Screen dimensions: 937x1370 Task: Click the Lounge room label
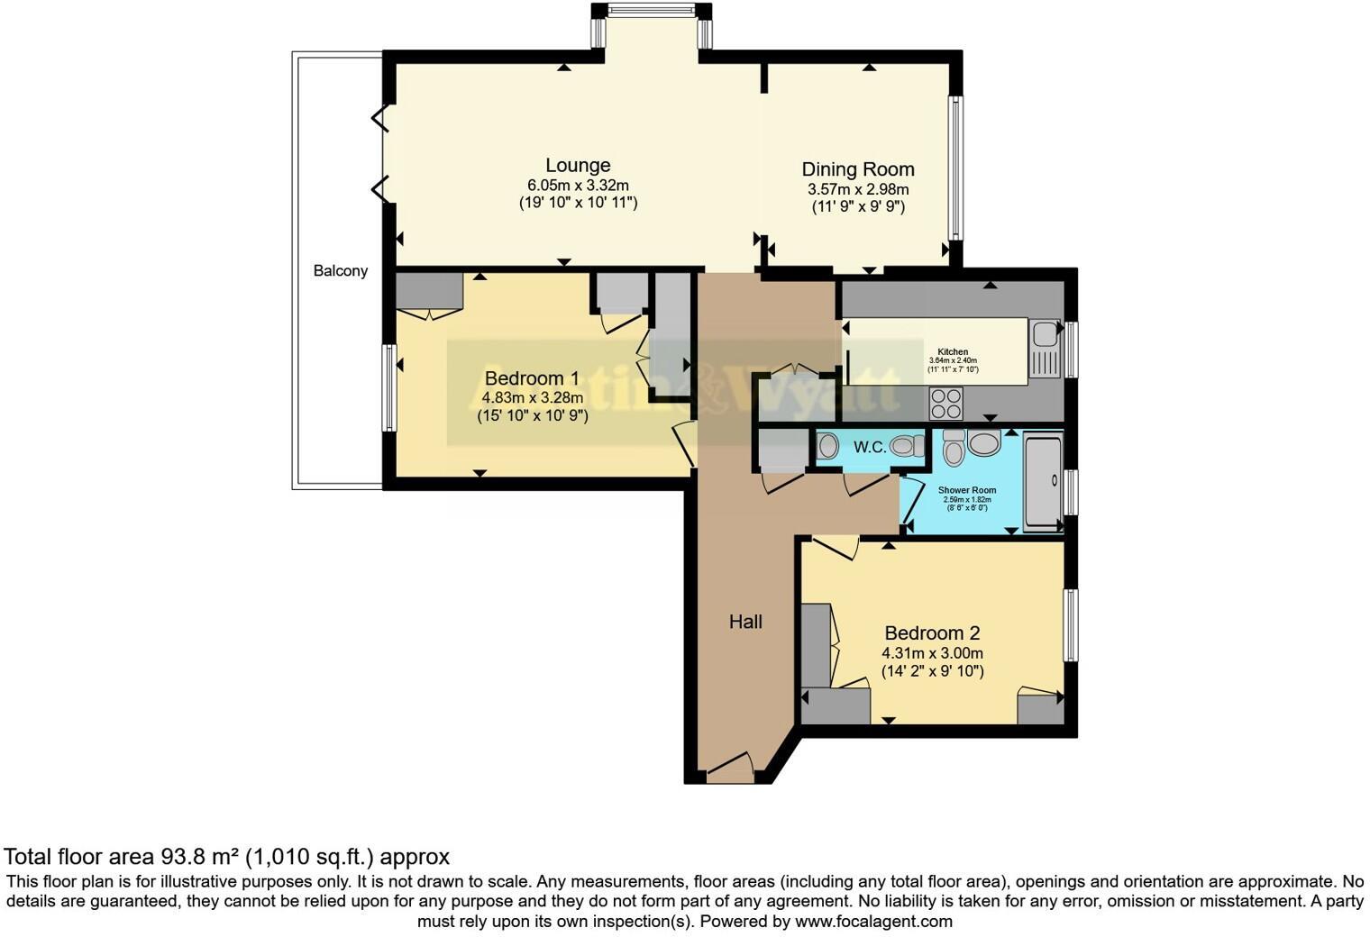pyautogui.click(x=578, y=166)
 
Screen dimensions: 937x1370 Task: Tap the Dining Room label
pyautogui.click(x=858, y=169)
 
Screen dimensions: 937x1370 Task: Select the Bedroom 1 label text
pyautogui.click(x=532, y=378)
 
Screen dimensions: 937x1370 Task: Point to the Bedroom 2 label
pyautogui.click(x=932, y=633)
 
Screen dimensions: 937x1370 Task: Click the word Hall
pyautogui.click(x=745, y=622)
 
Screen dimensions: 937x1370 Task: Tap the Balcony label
pyautogui.click(x=340, y=270)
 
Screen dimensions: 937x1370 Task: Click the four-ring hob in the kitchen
pyautogui.click(x=945, y=403)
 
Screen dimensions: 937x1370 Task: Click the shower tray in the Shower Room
pyautogui.click(x=1044, y=481)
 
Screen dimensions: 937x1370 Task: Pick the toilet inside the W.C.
pyautogui.click(x=906, y=446)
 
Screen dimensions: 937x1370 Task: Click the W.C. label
pyautogui.click(x=869, y=447)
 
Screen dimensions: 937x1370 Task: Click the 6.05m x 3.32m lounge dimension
pyautogui.click(x=578, y=186)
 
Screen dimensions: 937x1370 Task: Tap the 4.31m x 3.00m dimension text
pyautogui.click(x=932, y=653)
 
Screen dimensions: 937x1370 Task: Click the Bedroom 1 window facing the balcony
pyautogui.click(x=388, y=387)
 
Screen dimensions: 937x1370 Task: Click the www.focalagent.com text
pyautogui.click(x=872, y=922)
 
